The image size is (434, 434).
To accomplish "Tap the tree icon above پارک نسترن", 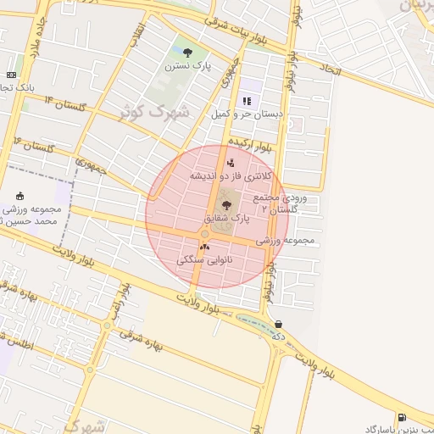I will tap(187, 52).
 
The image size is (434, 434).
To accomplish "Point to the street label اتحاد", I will tap(330, 68).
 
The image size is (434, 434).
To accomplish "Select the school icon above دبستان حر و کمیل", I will tap(247, 101).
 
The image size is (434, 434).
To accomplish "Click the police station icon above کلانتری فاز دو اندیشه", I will tap(231, 163).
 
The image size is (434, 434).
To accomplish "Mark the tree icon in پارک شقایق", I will tap(226, 205).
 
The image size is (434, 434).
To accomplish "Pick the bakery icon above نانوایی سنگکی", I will tap(203, 247).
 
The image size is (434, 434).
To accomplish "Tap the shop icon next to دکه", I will tap(279, 323).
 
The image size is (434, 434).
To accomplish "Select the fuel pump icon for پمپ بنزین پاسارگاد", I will tap(401, 417).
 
